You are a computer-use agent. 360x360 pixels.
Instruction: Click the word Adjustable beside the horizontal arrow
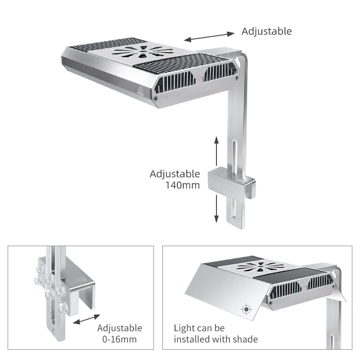pos(266,31)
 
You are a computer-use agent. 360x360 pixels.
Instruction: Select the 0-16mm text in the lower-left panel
pos(117,339)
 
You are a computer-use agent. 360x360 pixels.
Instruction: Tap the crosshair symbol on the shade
pos(246,309)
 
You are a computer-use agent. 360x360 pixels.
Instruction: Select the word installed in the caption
pos(192,339)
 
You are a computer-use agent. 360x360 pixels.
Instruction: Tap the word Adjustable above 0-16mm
pos(119,328)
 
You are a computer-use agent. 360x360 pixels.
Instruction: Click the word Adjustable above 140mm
pos(175,174)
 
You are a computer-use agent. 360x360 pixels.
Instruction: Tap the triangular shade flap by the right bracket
pos(338,295)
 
